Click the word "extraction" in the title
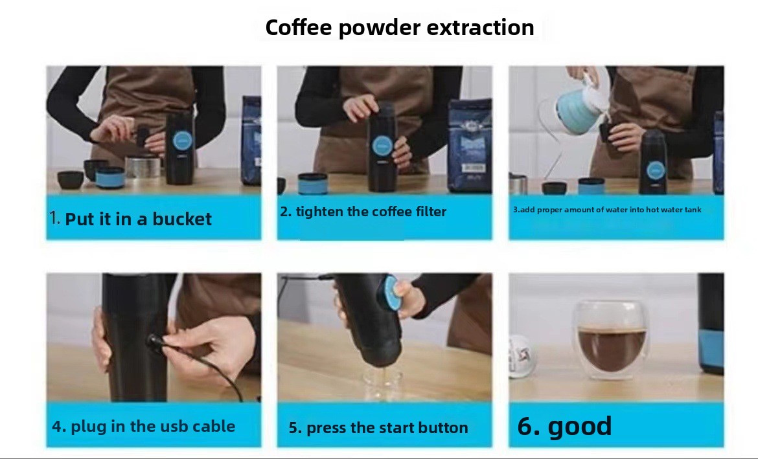click(x=481, y=28)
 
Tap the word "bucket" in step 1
click(x=182, y=219)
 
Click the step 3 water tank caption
click(x=607, y=210)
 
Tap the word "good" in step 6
click(x=580, y=427)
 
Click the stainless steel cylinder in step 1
click(x=143, y=167)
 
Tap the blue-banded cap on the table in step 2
click(x=313, y=184)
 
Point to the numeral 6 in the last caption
click(x=525, y=426)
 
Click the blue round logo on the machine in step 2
click(x=382, y=146)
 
